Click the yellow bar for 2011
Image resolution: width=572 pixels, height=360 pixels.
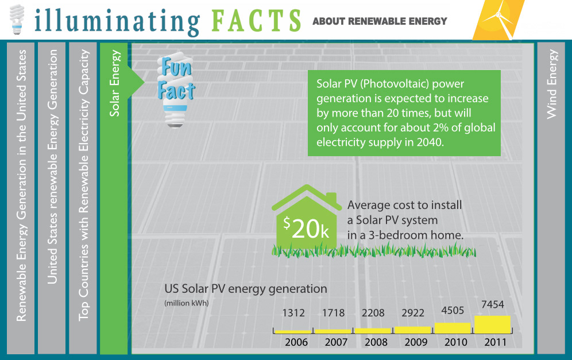492,324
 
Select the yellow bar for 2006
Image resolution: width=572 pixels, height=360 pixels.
293,331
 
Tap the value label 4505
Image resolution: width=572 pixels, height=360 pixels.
453,311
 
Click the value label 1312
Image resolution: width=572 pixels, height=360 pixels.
293,313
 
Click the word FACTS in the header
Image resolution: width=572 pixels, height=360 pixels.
256,21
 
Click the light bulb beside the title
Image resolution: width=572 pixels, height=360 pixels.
18,20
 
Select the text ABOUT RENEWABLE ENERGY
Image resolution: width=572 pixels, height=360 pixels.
380,21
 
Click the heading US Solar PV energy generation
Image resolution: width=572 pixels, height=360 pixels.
245,289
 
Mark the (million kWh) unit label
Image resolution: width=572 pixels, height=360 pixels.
186,303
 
